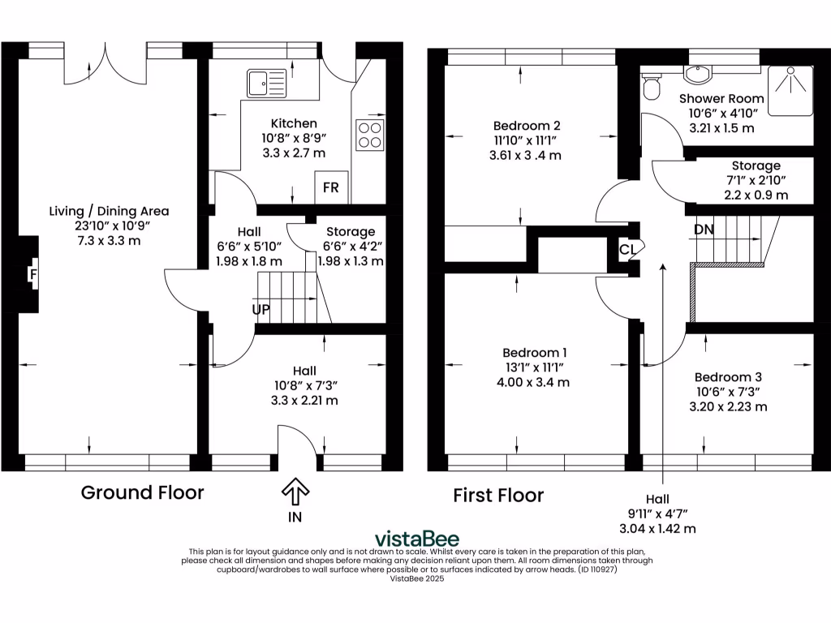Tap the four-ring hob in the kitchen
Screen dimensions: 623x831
[368, 135]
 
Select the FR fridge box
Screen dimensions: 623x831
[331, 187]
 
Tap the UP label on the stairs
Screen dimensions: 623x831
[260, 309]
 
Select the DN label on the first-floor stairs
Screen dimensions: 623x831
[704, 230]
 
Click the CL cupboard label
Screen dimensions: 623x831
[627, 249]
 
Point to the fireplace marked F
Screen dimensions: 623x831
[33, 274]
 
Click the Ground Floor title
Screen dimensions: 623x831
[142, 492]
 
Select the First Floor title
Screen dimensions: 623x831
[498, 495]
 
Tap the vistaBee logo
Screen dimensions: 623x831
[416, 539]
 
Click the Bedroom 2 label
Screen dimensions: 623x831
[527, 126]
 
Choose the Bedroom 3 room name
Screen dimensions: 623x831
[728, 377]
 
